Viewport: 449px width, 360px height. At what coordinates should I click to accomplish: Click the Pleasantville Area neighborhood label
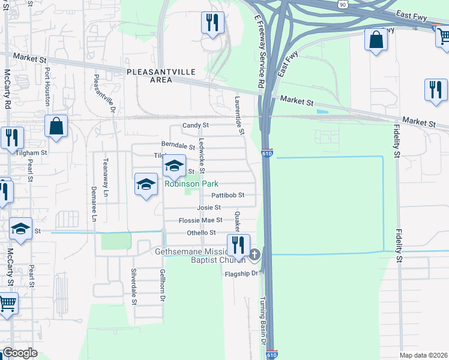pyautogui.click(x=161, y=76)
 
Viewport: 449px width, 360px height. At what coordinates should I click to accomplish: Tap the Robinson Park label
pyautogui.click(x=191, y=184)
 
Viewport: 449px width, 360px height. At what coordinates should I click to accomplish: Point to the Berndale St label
pyautogui.click(x=178, y=145)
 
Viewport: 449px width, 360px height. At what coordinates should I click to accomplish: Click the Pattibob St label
pyautogui.click(x=228, y=195)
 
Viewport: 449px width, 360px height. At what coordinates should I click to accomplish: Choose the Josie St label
pyautogui.click(x=209, y=208)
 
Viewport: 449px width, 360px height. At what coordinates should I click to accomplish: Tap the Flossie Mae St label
pyautogui.click(x=200, y=220)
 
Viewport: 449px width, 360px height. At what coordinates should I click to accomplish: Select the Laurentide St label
pyautogui.click(x=239, y=114)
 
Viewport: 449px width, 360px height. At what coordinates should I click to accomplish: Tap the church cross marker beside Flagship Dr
pyautogui.click(x=255, y=256)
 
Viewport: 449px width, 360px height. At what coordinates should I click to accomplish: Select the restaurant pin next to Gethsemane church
pyautogui.click(x=238, y=245)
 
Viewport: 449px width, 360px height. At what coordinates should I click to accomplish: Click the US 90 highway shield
pyautogui.click(x=342, y=4)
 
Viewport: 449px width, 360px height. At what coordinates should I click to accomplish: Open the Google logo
pyautogui.click(x=20, y=353)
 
